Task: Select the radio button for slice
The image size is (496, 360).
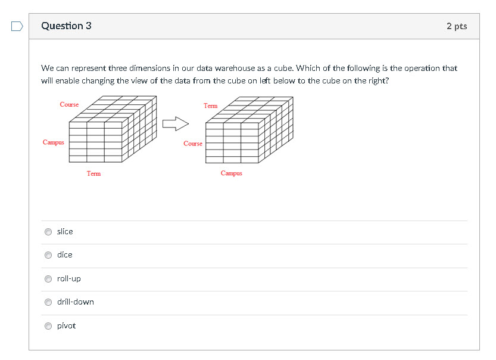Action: [x=48, y=232]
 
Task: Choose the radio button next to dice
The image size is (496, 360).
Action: [x=48, y=255]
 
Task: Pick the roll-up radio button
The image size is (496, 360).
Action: [x=48, y=278]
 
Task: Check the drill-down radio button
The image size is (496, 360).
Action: [x=48, y=302]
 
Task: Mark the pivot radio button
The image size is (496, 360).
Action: [x=48, y=326]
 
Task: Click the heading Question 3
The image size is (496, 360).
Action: [x=67, y=26]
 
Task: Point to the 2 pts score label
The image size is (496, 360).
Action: [x=457, y=26]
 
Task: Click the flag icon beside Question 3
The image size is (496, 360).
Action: [x=17, y=26]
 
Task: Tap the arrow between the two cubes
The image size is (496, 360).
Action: [x=176, y=123]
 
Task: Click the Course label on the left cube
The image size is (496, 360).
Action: [x=69, y=104]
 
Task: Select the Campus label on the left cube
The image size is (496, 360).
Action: [x=54, y=142]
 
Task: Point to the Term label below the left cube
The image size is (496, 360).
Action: [x=94, y=173]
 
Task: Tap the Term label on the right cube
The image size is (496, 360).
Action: [x=211, y=105]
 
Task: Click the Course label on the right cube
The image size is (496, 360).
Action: [x=193, y=144]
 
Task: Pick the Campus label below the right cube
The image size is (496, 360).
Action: [x=232, y=173]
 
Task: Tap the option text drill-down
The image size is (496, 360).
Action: [x=76, y=302]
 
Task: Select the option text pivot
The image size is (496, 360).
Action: [x=67, y=326]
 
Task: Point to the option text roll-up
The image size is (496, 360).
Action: [x=69, y=278]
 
